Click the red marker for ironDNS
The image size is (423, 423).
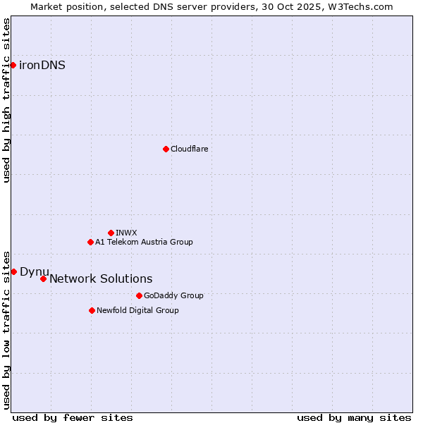(x=13, y=66)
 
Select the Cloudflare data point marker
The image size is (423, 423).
(x=166, y=149)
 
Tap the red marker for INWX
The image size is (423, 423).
(x=111, y=233)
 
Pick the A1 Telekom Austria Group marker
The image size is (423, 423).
(x=90, y=242)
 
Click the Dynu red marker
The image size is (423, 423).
(x=13, y=271)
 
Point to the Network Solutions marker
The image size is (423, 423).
(x=43, y=278)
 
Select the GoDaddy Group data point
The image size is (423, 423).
(x=139, y=295)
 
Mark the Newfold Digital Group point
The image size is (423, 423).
(x=92, y=310)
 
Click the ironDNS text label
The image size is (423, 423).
(x=42, y=66)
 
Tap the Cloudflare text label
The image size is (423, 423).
(x=189, y=149)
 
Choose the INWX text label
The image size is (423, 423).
(x=126, y=233)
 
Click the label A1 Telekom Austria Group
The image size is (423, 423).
(x=144, y=242)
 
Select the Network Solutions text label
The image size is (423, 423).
(x=101, y=278)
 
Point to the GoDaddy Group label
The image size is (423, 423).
(x=173, y=295)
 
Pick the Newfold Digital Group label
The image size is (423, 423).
(x=137, y=310)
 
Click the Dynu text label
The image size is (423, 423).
(x=34, y=271)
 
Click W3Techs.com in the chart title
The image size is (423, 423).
(x=361, y=6)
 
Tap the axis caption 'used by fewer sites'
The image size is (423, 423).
(x=73, y=417)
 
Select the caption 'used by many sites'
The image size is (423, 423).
(x=354, y=417)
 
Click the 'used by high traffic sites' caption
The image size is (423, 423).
(x=6, y=100)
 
